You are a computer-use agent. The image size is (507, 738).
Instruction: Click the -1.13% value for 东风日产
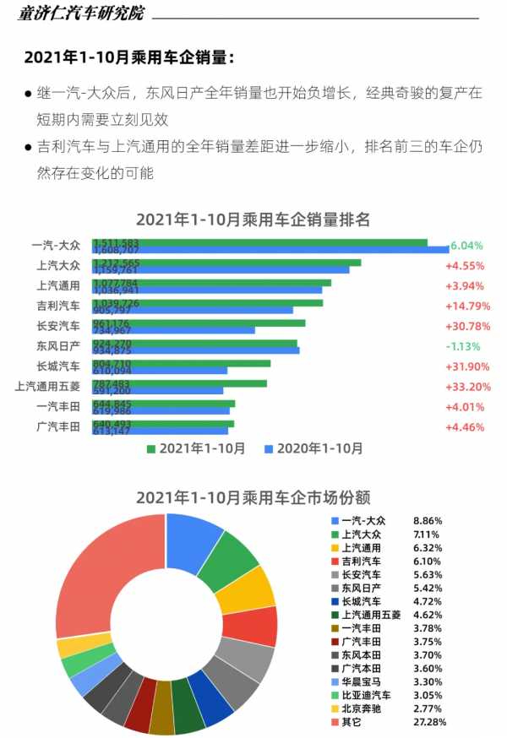click(x=464, y=346)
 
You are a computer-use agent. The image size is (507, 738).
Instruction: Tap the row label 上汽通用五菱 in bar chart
click(x=47, y=387)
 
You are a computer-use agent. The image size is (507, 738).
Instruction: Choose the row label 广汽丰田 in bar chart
click(x=58, y=427)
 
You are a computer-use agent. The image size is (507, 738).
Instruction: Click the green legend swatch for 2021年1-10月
click(x=151, y=448)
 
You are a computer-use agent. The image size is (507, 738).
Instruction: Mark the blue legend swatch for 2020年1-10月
click(x=270, y=448)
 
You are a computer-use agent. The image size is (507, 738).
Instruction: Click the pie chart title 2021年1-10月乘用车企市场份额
click(x=253, y=497)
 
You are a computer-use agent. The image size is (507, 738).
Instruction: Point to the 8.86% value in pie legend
click(x=428, y=521)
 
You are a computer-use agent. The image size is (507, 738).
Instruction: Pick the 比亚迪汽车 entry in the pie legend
click(x=366, y=694)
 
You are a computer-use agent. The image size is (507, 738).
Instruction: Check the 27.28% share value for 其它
click(x=430, y=722)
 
